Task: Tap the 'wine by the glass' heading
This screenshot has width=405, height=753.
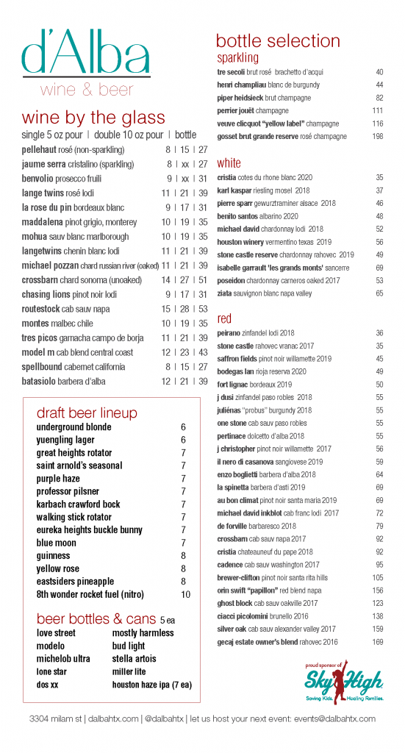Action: pyautogui.click(x=93, y=118)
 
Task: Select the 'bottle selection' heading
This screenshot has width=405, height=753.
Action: pyautogui.click(x=278, y=40)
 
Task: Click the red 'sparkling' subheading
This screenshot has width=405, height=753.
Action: pyautogui.click(x=237, y=57)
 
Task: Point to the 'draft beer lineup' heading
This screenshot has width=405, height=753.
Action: pyautogui.click(x=87, y=413)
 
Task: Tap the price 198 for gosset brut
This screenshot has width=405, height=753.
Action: pyautogui.click(x=378, y=136)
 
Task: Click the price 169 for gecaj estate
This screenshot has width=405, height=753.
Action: pyautogui.click(x=378, y=642)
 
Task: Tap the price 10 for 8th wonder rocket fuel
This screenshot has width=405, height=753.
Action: pyautogui.click(x=185, y=595)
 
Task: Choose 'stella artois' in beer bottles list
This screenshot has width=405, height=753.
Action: pyautogui.click(x=135, y=659)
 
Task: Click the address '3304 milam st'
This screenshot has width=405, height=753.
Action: pyautogui.click(x=56, y=718)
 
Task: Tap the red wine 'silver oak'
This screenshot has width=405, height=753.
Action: pyautogui.click(x=232, y=629)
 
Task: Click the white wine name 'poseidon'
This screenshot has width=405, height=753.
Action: pyautogui.click(x=232, y=279)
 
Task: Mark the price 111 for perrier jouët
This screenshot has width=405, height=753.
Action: pyautogui.click(x=378, y=110)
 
